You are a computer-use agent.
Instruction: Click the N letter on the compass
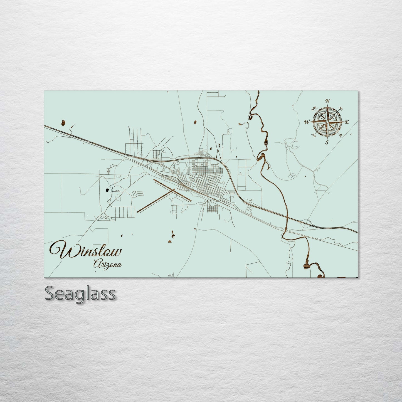tap(328, 101)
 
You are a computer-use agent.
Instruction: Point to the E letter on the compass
tap(347, 122)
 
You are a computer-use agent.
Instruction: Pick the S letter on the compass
tap(327, 142)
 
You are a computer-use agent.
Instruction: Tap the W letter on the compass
tap(307, 122)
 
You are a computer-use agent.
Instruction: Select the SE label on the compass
tap(341, 135)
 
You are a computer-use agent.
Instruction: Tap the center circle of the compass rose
tap(327, 122)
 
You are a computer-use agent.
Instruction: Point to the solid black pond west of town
tap(107, 190)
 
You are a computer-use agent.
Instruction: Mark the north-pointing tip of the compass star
tap(327, 105)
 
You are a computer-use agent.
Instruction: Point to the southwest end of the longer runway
tap(138, 212)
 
